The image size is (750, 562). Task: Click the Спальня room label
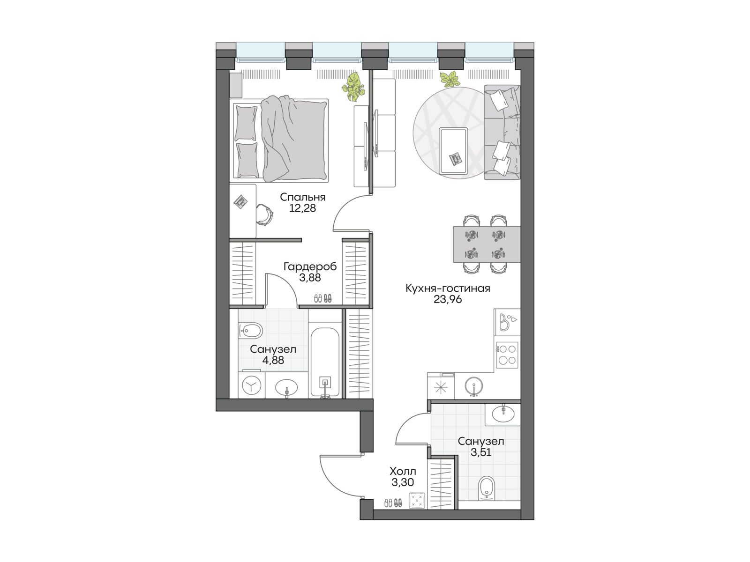302,197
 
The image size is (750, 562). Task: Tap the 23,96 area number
448,299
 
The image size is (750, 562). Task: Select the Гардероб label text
310,266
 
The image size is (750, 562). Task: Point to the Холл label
403,472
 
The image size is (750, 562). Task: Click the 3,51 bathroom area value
481,452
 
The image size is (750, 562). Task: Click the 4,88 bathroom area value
273,360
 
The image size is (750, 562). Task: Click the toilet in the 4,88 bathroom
250,330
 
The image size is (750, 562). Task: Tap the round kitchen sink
474,385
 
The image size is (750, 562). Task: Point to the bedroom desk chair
264,214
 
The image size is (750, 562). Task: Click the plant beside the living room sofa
450,79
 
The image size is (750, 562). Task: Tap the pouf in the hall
417,501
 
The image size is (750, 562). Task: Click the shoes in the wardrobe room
322,298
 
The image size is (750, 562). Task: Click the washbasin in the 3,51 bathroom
503,414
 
